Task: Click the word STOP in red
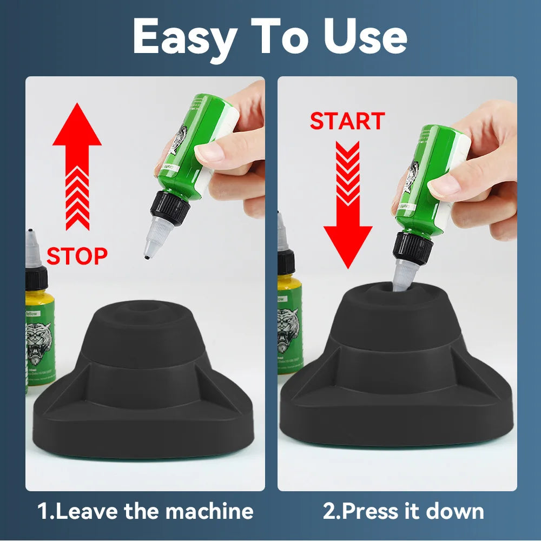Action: click(x=77, y=255)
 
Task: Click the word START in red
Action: click(x=347, y=121)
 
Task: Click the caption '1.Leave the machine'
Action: click(x=145, y=511)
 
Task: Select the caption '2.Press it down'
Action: click(x=403, y=511)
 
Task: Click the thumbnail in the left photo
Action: click(x=208, y=153)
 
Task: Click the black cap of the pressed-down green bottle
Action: click(x=413, y=248)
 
